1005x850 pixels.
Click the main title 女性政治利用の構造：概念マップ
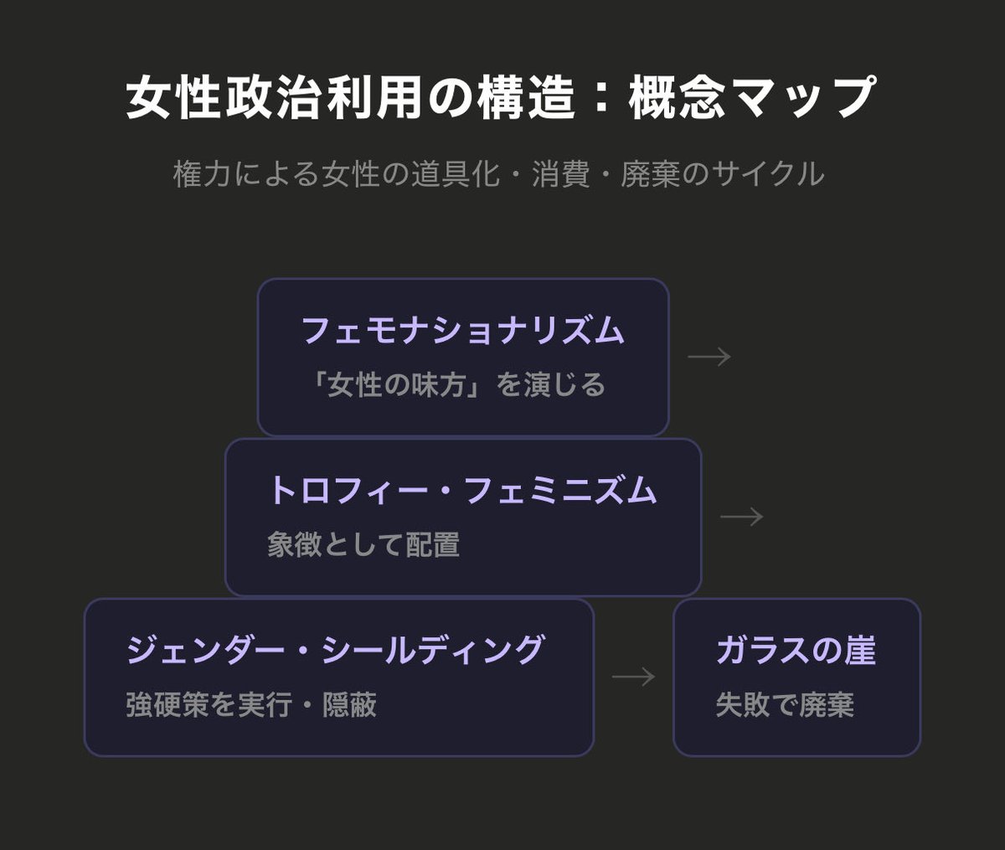click(501, 97)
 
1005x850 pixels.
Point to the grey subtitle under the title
click(498, 174)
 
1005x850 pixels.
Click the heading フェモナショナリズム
click(462, 331)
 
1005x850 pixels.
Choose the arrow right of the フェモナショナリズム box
click(709, 357)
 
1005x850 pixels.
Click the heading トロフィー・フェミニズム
click(462, 491)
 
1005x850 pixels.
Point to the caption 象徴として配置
click(363, 545)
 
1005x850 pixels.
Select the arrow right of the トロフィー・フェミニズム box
click(742, 517)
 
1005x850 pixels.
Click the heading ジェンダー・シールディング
click(336, 651)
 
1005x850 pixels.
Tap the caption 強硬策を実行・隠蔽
click(251, 705)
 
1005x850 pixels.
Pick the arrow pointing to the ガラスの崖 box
click(633, 677)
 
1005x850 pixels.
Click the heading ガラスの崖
click(796, 651)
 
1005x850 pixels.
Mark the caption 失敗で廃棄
click(785, 705)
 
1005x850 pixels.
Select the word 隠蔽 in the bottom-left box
click(349, 705)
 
